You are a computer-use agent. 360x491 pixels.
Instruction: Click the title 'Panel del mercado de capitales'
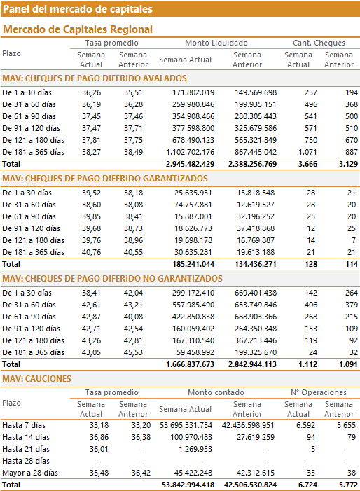pyautogui.click(x=78, y=9)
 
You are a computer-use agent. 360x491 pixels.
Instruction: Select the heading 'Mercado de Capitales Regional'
pyautogui.click(x=78, y=29)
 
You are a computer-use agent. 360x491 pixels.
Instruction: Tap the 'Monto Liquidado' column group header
pyautogui.click(x=216, y=43)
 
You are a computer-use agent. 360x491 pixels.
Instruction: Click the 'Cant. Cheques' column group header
pyautogui.click(x=319, y=43)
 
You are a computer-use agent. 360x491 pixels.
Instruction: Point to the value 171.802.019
pyautogui.click(x=193, y=92)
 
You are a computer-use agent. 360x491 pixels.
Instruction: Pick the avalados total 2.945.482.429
pyautogui.click(x=190, y=164)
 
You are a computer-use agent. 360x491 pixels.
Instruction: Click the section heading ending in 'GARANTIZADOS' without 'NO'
pyautogui.click(x=105, y=179)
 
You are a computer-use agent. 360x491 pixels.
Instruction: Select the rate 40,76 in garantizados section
pyautogui.click(x=92, y=252)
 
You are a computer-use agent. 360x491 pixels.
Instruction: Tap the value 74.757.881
pyautogui.click(x=193, y=205)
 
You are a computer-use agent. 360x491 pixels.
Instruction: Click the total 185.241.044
pyautogui.click(x=193, y=264)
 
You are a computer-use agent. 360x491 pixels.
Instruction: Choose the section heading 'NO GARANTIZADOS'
pyautogui.click(x=112, y=279)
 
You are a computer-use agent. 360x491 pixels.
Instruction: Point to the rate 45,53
pyautogui.click(x=133, y=352)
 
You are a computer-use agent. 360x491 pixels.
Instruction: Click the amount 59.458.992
pyautogui.click(x=195, y=352)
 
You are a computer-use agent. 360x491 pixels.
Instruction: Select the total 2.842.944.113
pyautogui.click(x=252, y=364)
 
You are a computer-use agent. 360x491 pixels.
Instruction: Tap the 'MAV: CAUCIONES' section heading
pyautogui.click(x=36, y=379)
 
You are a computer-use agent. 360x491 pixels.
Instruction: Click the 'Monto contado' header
pyautogui.click(x=216, y=392)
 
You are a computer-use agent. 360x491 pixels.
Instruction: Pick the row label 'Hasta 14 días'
pyautogui.click(x=26, y=437)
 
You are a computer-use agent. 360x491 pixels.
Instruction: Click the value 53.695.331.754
pyautogui.click(x=186, y=425)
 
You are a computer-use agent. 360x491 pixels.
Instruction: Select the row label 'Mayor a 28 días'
pyautogui.click(x=30, y=473)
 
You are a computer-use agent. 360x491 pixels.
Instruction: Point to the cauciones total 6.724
pyautogui.click(x=307, y=485)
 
